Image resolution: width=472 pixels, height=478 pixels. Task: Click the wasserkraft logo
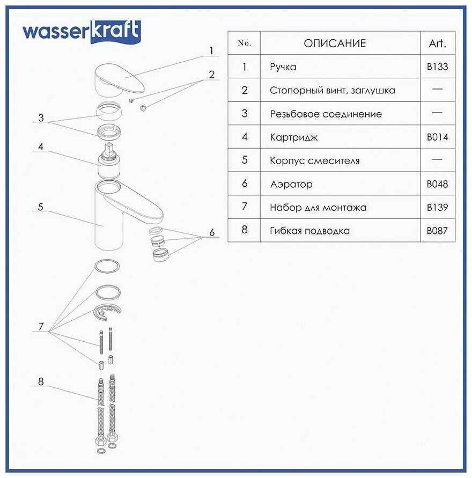tap(81, 32)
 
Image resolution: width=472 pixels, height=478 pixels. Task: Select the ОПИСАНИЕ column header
tap(335, 43)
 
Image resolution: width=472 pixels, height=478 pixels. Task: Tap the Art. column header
tap(437, 43)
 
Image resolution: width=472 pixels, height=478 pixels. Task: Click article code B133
tap(437, 67)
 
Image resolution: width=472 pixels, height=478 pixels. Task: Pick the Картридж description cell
tap(294, 137)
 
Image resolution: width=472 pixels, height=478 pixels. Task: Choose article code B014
tap(437, 137)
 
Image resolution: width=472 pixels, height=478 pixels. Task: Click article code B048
tap(437, 184)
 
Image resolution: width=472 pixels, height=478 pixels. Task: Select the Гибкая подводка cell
tap(310, 231)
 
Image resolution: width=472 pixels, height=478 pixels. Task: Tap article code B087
tap(437, 231)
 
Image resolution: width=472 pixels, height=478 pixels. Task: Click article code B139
tap(437, 207)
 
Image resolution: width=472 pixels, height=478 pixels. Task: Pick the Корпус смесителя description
tap(315, 160)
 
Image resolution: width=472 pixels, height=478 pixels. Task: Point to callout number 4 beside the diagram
tap(41, 146)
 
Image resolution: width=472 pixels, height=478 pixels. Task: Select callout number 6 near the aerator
tap(212, 232)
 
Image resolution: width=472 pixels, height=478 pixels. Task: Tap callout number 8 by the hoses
tap(41, 382)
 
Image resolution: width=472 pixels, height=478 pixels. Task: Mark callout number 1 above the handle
tap(211, 50)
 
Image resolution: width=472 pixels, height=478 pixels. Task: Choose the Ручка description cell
tap(283, 67)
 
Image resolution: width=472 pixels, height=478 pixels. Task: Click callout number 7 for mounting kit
tap(41, 326)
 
